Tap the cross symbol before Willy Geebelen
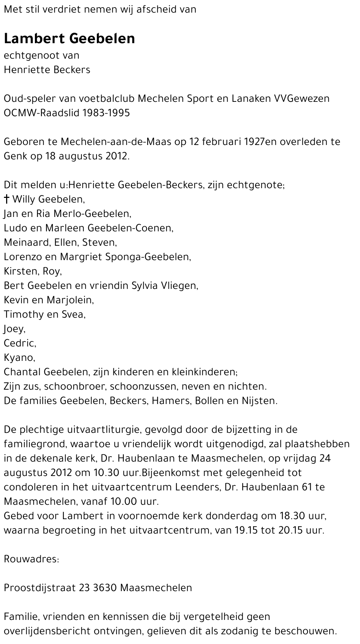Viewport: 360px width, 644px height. (6, 199)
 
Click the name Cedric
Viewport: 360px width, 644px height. (19, 343)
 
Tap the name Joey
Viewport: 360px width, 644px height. (14, 328)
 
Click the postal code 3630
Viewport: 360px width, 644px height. (104, 588)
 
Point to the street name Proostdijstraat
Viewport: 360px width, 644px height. (40, 588)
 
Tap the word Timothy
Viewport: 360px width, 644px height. (24, 314)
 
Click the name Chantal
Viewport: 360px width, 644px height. (23, 372)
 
